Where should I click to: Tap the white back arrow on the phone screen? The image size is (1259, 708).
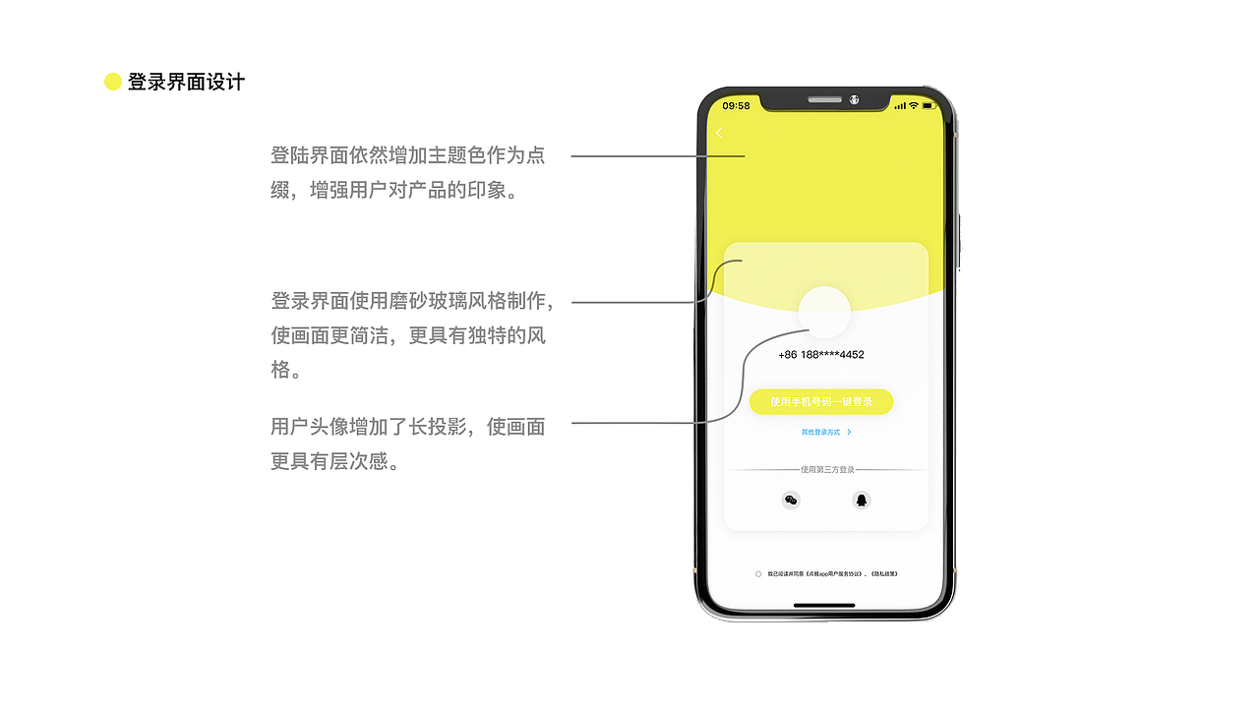(719, 133)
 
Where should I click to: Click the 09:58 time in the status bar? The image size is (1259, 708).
(736, 105)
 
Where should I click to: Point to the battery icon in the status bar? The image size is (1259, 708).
(929, 105)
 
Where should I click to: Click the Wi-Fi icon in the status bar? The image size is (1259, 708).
(913, 105)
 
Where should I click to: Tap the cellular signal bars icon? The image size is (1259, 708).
(899, 105)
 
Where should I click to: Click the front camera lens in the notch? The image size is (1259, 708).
(854, 99)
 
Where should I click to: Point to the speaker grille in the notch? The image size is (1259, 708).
(825, 99)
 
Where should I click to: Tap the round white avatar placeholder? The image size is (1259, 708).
(824, 312)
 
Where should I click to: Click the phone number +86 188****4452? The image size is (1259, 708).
(821, 355)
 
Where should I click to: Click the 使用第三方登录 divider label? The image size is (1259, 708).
(826, 470)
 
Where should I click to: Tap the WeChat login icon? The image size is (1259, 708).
(791, 501)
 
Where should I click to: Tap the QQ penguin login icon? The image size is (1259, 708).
(862, 501)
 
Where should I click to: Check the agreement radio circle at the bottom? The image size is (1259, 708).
(758, 573)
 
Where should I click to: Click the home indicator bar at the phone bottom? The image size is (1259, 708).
(824, 606)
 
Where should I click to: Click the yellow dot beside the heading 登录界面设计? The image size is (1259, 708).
(113, 83)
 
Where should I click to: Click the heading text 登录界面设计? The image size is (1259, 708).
(186, 83)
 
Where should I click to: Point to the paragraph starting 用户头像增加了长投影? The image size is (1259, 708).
(407, 443)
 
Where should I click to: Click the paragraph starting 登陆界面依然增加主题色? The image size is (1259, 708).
(407, 172)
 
